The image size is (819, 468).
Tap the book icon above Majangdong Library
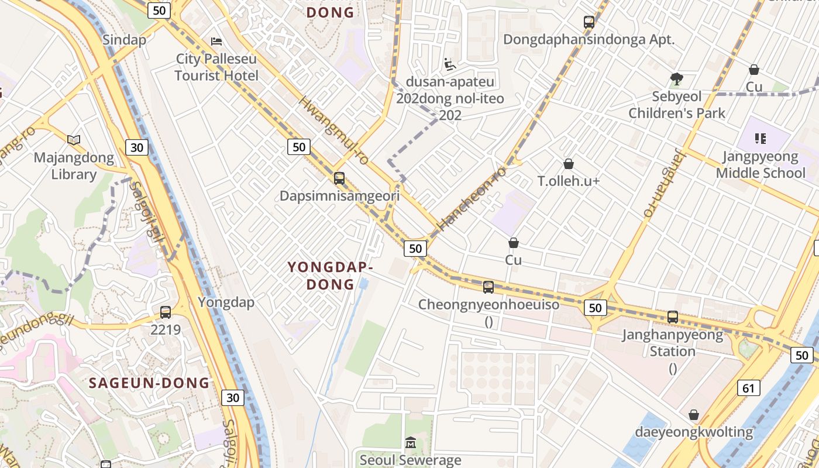coord(74,140)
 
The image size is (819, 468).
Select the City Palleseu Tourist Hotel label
coord(216,67)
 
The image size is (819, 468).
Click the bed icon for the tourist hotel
coord(216,42)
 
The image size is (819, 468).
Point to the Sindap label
coord(124,40)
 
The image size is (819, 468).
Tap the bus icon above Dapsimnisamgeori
coord(339,178)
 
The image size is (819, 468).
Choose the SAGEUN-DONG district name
coord(149,383)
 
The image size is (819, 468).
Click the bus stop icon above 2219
coord(166,312)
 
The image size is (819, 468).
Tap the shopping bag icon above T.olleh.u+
coord(568,164)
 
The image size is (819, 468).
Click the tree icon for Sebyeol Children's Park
coord(677,78)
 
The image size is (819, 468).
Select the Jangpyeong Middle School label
coord(760,165)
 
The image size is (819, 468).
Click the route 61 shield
coord(748,387)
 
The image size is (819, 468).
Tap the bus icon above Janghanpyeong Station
coord(673,317)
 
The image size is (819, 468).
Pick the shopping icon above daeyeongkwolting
coord(694,415)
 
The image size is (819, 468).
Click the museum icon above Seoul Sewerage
coord(410,443)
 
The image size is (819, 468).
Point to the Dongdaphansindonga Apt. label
coord(589,40)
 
